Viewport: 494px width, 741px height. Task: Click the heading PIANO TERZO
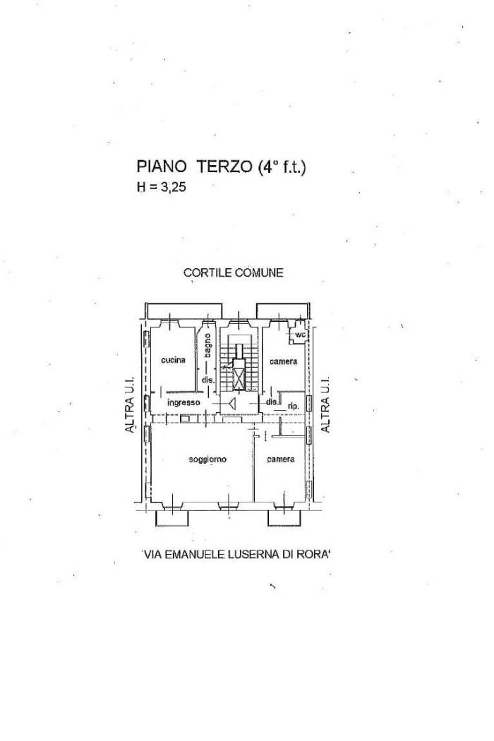(194, 167)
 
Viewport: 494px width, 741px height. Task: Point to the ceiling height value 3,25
(174, 188)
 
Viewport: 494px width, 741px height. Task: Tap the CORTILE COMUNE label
(234, 272)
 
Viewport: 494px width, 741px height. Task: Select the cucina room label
(173, 360)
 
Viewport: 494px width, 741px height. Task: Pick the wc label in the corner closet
(300, 335)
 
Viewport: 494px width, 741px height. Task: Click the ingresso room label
(184, 403)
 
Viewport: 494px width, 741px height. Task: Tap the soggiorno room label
(207, 459)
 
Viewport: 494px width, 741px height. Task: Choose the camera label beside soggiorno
(280, 459)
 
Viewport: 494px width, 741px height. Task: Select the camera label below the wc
(283, 361)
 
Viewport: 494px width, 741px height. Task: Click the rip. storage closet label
(294, 406)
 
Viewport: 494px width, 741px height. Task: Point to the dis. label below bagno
(208, 380)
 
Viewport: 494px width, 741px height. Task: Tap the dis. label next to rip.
(272, 402)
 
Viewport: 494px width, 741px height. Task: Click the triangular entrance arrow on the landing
(231, 403)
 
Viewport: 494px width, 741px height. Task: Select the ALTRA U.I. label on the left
(131, 404)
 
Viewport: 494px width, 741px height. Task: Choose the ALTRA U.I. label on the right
(325, 404)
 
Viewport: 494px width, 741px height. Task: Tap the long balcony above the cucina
(184, 311)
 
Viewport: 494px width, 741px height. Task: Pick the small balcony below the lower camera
(284, 518)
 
